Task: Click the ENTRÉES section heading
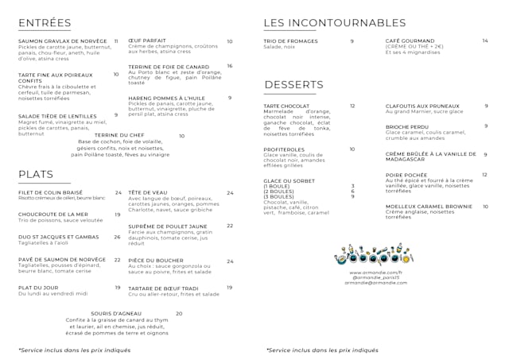pyautogui.click(x=45, y=22)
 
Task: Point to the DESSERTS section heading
pyautogui.click(x=293, y=84)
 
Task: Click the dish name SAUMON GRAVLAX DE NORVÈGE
pyautogui.click(x=62, y=41)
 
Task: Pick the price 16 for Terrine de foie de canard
pyautogui.click(x=229, y=66)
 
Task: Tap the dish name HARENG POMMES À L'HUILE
pyautogui.click(x=166, y=99)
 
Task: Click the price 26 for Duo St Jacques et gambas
pyautogui.click(x=118, y=237)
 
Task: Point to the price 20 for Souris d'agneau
pyautogui.click(x=179, y=314)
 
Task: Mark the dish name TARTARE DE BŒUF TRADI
pyautogui.click(x=163, y=288)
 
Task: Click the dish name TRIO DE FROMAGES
pyautogui.click(x=290, y=41)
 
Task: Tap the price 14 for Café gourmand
pyautogui.click(x=484, y=41)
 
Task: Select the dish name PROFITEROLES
pyautogui.click(x=284, y=149)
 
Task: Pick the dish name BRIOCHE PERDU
pyautogui.click(x=407, y=127)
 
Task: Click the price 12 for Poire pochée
pyautogui.click(x=484, y=175)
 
